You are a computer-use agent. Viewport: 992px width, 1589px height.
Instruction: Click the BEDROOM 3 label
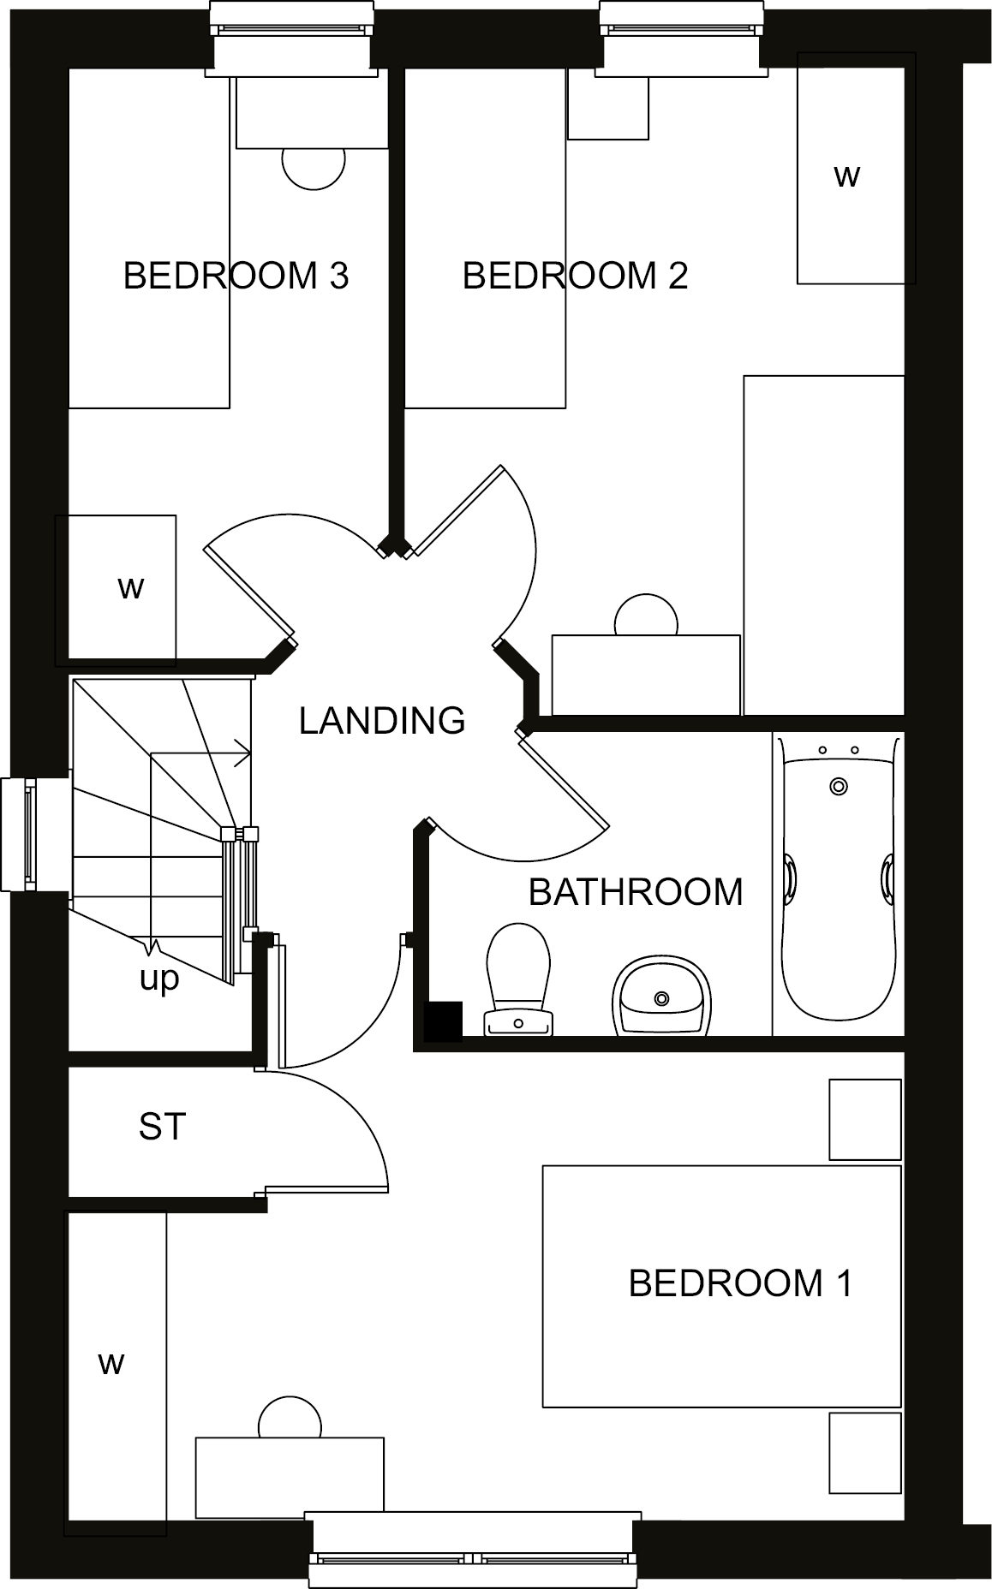pyautogui.click(x=236, y=276)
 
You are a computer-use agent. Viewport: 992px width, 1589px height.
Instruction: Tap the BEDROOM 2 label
pyautogui.click(x=575, y=276)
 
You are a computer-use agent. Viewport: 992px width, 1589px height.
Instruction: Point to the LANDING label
pyautogui.click(x=382, y=721)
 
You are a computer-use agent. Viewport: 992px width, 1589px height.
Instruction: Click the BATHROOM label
pyautogui.click(x=636, y=892)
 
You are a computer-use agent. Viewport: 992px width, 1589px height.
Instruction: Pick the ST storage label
pyautogui.click(x=162, y=1127)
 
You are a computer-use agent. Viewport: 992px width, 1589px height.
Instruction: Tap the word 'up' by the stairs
pyautogui.click(x=159, y=979)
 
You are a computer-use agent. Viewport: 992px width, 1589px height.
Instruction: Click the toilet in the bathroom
pyautogui.click(x=518, y=979)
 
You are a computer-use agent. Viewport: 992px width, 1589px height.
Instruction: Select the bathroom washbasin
pyautogui.click(x=660, y=995)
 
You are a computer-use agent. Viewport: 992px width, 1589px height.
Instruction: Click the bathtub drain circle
pyautogui.click(x=839, y=786)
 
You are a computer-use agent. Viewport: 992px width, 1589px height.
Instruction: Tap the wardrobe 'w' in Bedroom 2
pyautogui.click(x=846, y=176)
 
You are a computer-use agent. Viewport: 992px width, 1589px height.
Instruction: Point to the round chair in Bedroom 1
pyautogui.click(x=290, y=1418)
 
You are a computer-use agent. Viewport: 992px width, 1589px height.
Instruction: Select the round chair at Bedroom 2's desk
pyautogui.click(x=646, y=615)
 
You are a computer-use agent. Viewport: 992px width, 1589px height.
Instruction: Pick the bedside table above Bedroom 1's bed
pyautogui.click(x=865, y=1119)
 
